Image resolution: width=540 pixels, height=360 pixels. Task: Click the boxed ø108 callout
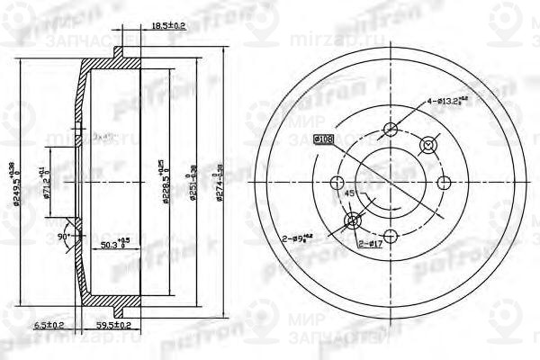(x=323, y=139)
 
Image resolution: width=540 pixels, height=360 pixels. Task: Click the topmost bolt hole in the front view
(x=390, y=128)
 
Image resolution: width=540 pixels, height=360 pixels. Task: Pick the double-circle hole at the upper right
(x=428, y=144)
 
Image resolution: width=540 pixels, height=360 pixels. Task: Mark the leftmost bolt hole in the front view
(x=340, y=175)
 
